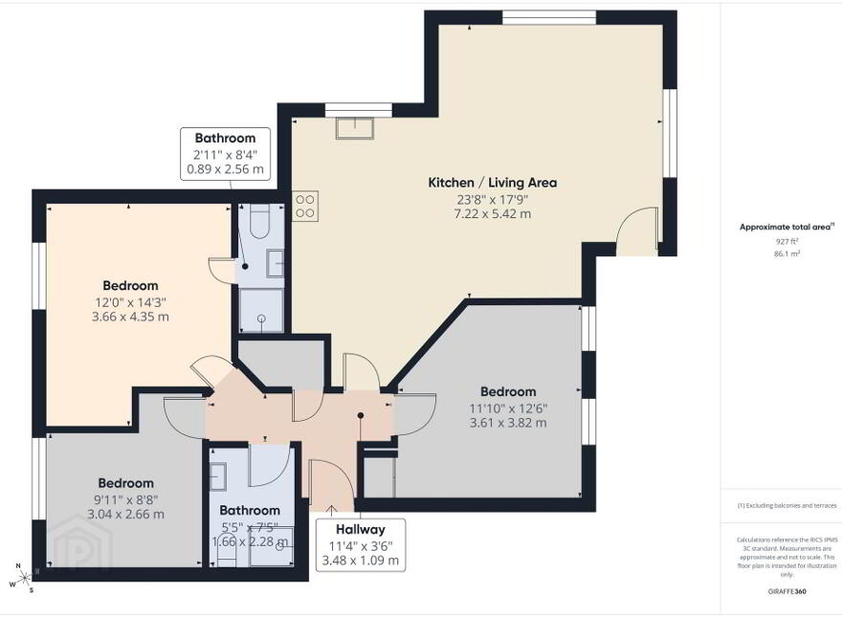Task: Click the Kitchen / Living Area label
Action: point(493,183)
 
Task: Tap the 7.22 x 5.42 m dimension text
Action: point(493,213)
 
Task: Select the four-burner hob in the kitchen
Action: point(305,207)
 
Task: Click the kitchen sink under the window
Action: point(354,127)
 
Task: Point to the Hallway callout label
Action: point(361,529)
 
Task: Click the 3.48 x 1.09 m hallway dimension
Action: point(361,561)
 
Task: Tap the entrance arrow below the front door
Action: point(332,510)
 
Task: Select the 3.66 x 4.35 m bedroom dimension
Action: point(130,317)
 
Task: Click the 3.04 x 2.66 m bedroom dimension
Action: point(125,515)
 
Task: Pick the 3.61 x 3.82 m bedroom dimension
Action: point(508,423)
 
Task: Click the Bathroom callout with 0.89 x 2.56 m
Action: point(225,154)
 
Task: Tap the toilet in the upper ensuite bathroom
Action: point(259,221)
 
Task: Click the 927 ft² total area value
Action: point(787,242)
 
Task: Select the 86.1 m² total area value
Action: point(787,254)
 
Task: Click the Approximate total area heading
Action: point(787,227)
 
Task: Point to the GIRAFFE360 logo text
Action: point(787,592)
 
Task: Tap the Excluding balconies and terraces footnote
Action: point(787,505)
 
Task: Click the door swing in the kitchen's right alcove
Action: point(637,230)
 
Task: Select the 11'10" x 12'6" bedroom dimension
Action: point(508,408)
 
